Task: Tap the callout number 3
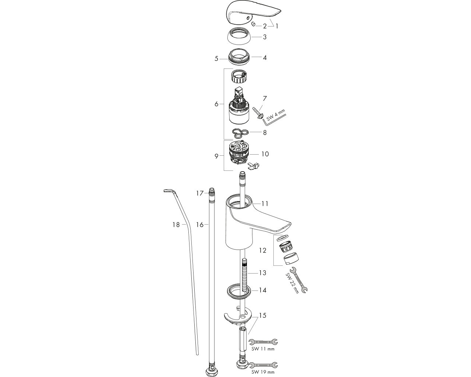point(265,37)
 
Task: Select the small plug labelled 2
point(254,24)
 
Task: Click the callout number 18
point(176,225)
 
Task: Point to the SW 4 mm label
point(276,115)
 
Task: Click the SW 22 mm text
point(292,283)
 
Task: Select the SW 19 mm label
point(263,372)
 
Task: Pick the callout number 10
point(265,154)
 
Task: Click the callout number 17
point(200,193)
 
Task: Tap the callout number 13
point(263,273)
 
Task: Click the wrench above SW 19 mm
point(263,365)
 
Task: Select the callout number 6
point(216,104)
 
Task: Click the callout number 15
point(263,316)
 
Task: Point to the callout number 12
point(263,250)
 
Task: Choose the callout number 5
point(216,59)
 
